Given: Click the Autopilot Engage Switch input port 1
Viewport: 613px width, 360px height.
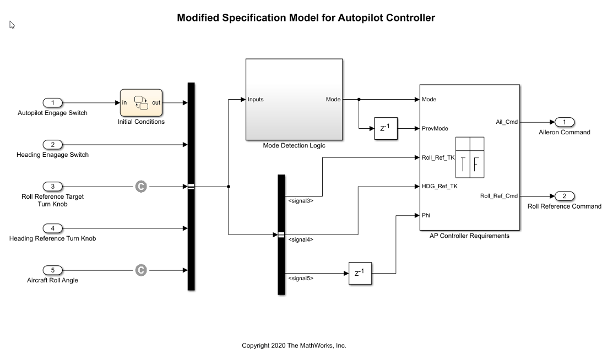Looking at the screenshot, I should click(x=53, y=103).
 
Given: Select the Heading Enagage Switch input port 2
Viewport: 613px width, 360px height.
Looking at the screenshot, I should click(x=53, y=145).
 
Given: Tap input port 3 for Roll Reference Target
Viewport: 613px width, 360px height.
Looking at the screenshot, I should click(x=53, y=187).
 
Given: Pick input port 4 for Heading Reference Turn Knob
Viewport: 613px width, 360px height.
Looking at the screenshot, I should click(x=53, y=228).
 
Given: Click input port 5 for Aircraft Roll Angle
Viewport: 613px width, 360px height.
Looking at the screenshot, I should click(x=53, y=270).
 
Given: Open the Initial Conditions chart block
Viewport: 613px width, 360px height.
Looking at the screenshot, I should click(x=141, y=103).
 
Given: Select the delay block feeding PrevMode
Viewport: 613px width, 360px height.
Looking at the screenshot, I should click(x=386, y=128).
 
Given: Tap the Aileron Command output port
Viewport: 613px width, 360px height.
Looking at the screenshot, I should click(x=565, y=122).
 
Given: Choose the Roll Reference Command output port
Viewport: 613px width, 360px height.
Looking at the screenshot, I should click(x=565, y=196).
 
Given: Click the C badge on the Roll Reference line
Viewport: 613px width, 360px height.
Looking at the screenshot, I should click(x=141, y=187).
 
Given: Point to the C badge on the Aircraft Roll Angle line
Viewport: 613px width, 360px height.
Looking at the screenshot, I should click(x=141, y=270).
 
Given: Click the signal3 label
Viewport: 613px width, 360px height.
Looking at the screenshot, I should click(x=301, y=201).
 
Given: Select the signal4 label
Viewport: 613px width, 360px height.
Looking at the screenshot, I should click(x=301, y=239).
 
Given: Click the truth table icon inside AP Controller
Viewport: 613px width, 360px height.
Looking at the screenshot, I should click(x=470, y=157).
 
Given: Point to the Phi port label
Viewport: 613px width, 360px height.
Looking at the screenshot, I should click(x=426, y=215).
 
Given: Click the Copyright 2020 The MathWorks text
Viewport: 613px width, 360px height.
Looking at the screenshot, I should click(x=294, y=346).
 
